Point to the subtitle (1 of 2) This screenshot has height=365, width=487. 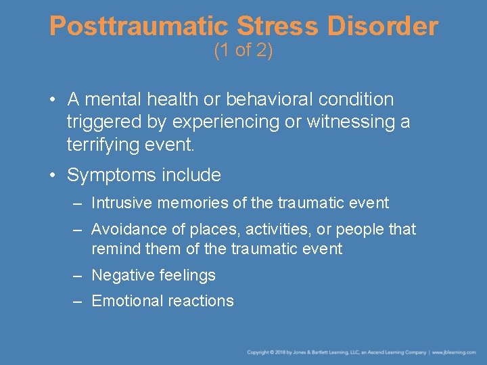tap(243, 51)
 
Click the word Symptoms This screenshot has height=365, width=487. tap(112, 176)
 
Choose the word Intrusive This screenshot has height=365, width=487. tap(120, 203)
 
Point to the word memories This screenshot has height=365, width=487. tap(188, 203)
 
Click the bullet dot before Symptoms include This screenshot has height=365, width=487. tap(53, 176)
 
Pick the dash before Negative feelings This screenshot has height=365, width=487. tap(79, 275)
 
